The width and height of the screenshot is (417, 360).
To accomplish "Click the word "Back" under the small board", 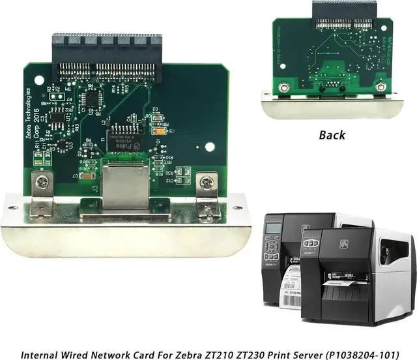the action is coord(332,135).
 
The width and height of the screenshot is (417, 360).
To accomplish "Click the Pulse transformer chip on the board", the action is coord(123,134).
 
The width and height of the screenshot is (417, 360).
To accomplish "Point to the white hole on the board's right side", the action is coord(209,146).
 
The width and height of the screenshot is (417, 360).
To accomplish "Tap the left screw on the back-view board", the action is coord(283,87).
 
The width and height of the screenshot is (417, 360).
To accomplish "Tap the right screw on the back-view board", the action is coord(381,86).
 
